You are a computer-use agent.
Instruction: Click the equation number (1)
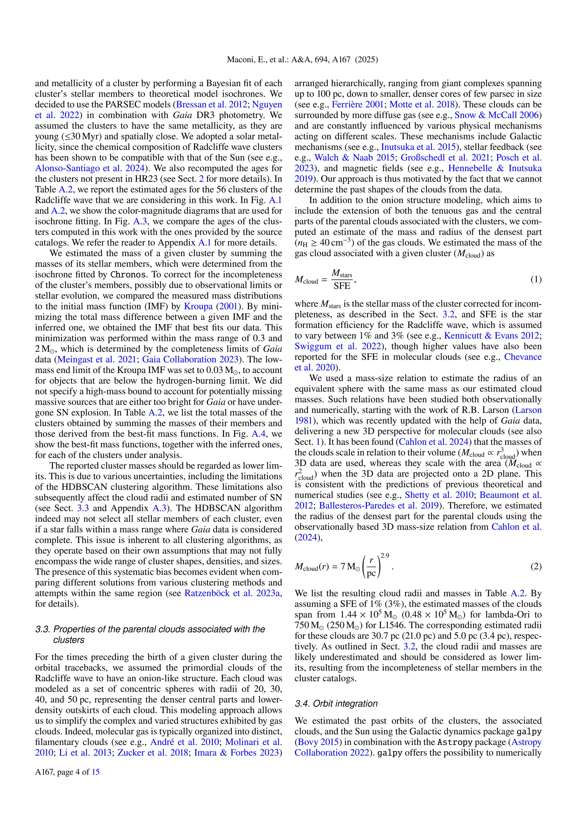[536, 280]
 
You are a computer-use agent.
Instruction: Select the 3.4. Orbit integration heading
[336, 704]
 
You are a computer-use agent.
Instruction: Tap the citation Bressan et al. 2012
[212, 105]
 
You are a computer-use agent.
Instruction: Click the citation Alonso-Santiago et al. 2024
[90, 168]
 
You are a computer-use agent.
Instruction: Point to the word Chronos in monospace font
[128, 275]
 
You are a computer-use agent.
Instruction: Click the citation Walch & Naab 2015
[354, 158]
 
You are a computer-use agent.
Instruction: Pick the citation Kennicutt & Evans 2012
[491, 336]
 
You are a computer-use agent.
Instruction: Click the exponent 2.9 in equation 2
[385, 555]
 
